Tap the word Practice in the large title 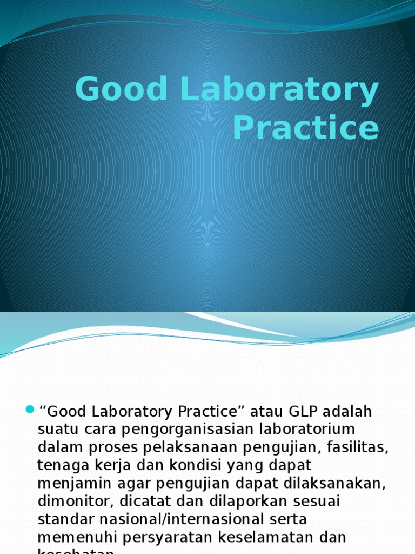(x=305, y=129)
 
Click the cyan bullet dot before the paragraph (x=30, y=407)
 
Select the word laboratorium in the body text (x=304, y=430)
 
